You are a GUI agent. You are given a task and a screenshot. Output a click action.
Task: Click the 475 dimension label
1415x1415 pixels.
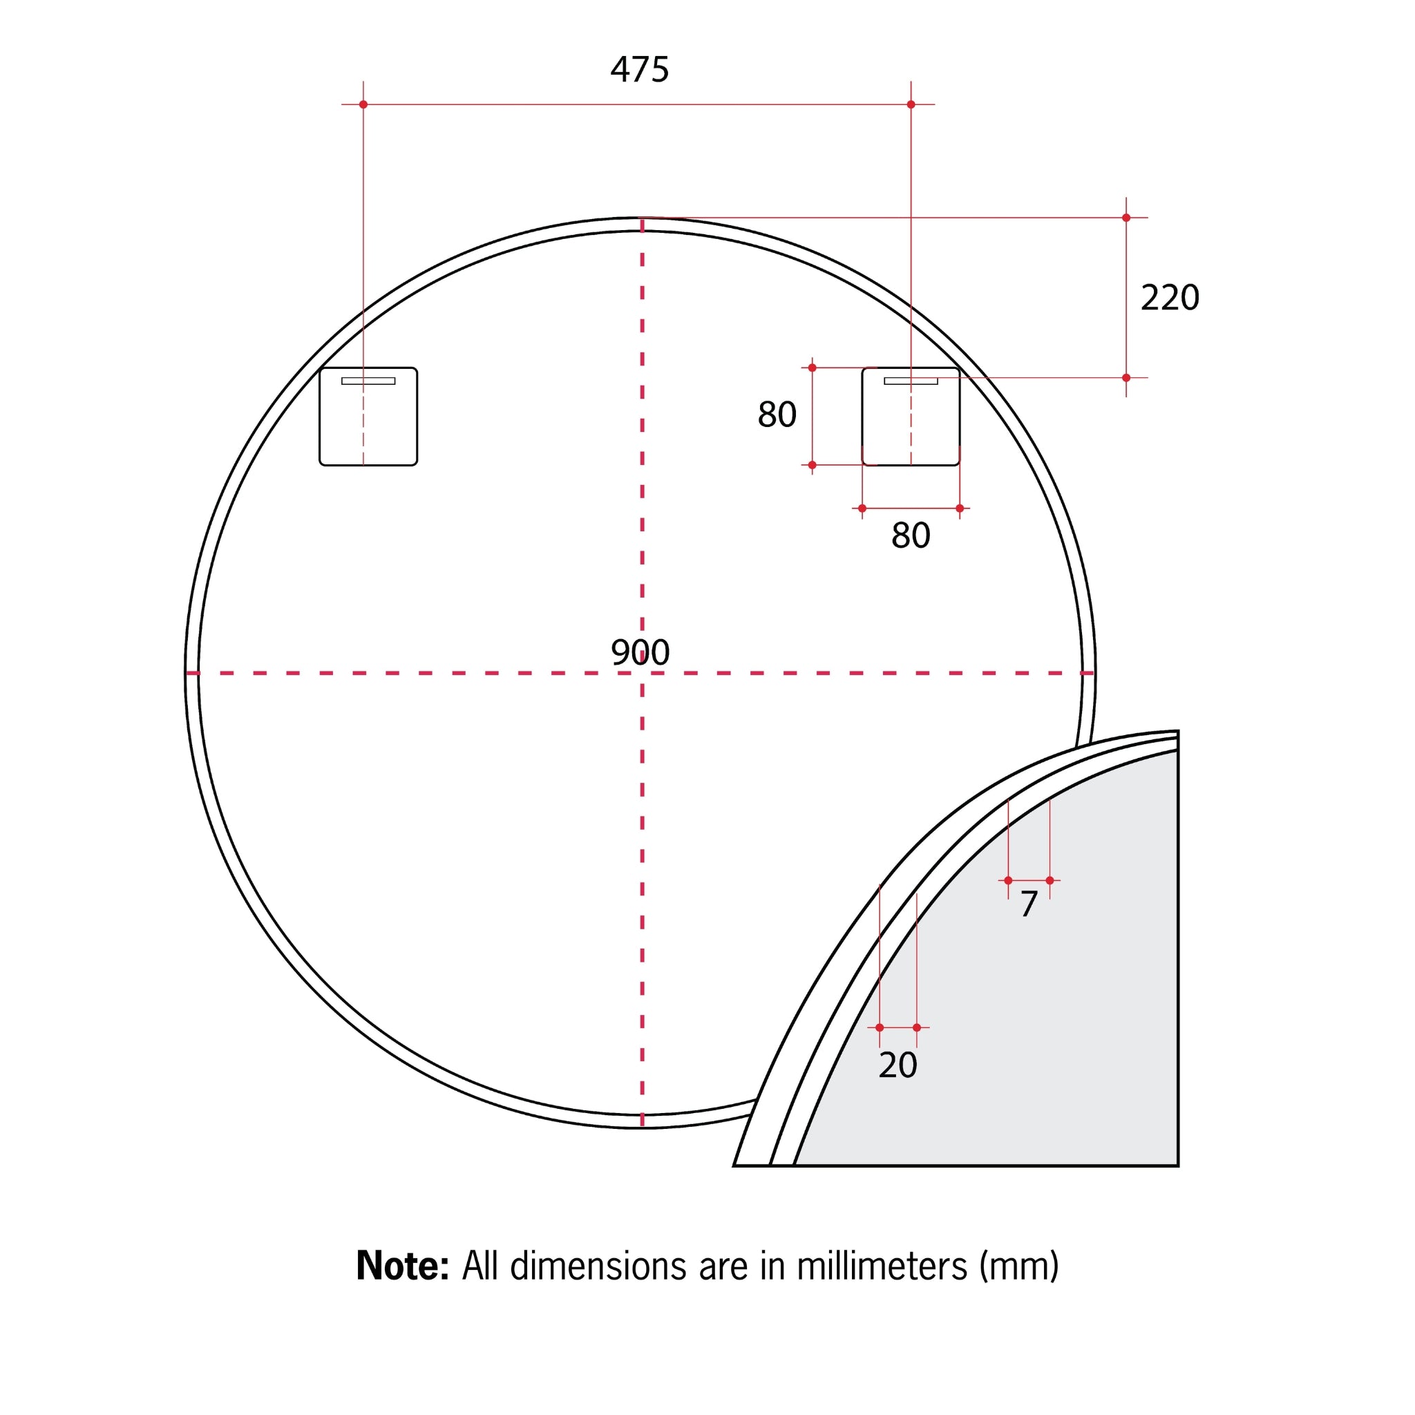point(639,70)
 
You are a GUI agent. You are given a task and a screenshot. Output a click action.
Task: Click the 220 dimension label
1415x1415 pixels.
point(1170,297)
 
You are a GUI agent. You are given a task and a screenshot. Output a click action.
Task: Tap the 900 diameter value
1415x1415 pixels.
point(640,652)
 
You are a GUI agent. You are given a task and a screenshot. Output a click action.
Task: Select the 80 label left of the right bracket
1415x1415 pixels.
point(777,415)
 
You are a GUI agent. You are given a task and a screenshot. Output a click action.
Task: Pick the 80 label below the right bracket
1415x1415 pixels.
point(911,535)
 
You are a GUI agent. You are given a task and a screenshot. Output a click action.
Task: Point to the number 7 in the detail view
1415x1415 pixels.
point(1028,904)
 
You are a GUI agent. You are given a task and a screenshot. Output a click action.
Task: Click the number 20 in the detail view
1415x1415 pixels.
point(898,1065)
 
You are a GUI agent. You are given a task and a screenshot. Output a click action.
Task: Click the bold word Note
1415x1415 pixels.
point(401,1266)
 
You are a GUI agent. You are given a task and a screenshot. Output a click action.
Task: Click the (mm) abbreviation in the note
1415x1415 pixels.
point(1019,1266)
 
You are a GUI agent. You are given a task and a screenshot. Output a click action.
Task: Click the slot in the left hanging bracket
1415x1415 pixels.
point(368,381)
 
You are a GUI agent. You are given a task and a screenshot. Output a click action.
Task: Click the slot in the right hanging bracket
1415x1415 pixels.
point(911,381)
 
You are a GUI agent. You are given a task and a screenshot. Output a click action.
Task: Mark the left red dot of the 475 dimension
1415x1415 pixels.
point(363,105)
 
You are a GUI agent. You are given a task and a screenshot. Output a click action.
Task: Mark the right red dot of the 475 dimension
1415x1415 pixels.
point(911,105)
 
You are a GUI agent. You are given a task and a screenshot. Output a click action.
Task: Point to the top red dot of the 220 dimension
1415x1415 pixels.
point(1126,218)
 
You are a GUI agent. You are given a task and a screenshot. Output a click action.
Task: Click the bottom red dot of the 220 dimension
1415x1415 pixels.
point(1126,378)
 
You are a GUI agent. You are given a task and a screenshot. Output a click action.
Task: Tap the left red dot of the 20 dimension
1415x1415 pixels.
point(880,1027)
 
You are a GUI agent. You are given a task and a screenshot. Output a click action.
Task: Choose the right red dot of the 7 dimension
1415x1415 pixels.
point(1050,880)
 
